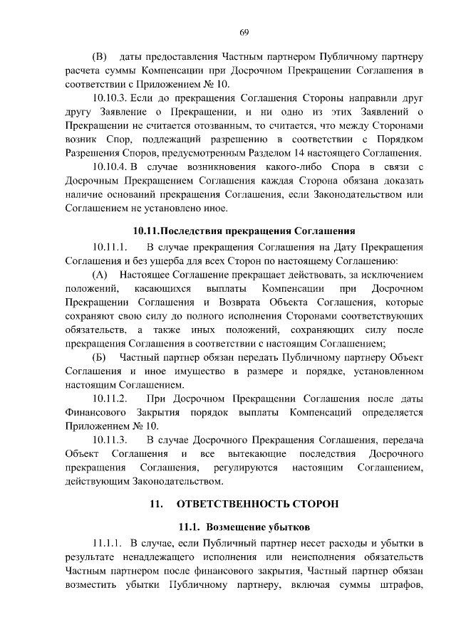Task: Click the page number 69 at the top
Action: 244,32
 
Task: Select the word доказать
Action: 398,181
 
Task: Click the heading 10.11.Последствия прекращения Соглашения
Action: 244,231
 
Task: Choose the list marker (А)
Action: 100,275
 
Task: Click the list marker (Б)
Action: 100,357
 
